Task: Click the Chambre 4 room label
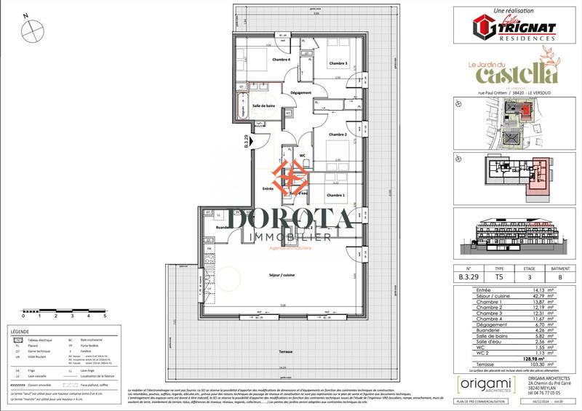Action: coord(281,60)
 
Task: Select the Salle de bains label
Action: coord(263,106)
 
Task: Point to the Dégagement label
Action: coord(300,93)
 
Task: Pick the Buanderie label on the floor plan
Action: coord(214,227)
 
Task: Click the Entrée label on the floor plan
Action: coord(268,188)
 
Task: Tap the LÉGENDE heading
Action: coord(21,330)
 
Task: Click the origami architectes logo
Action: coord(481,384)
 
